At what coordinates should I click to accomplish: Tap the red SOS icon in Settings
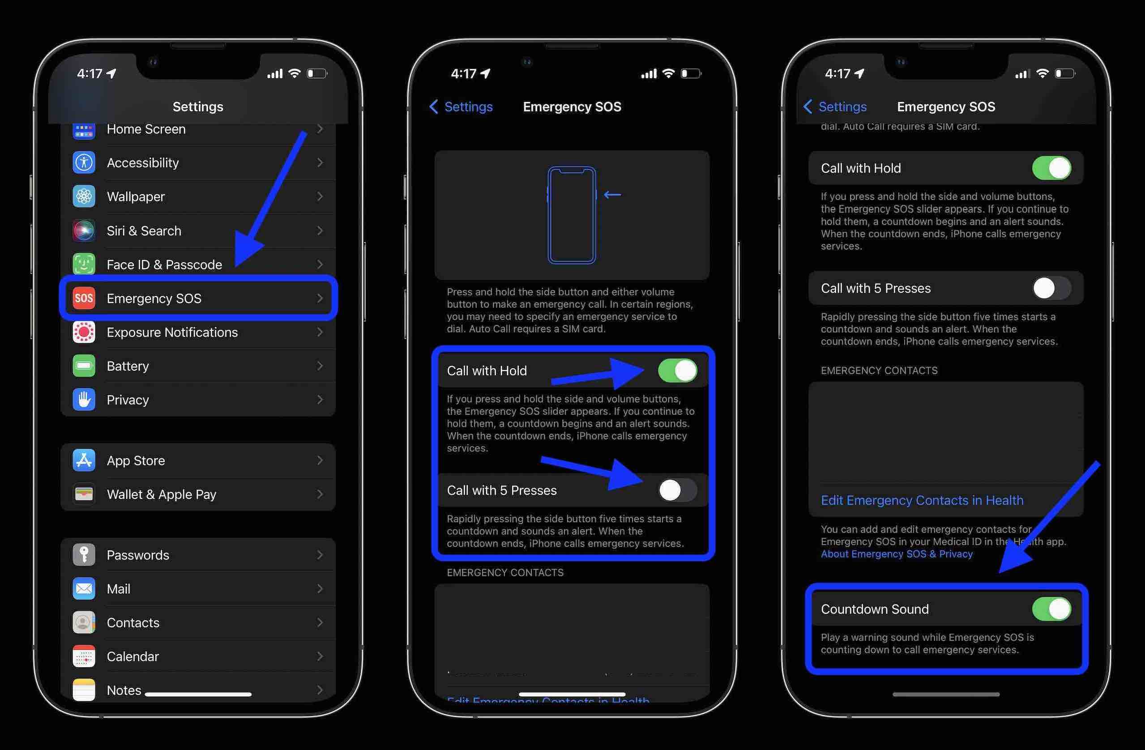[x=84, y=298]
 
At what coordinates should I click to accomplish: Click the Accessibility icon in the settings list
[x=84, y=162]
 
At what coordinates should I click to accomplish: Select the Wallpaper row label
[x=136, y=197]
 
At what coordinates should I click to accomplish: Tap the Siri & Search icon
[x=84, y=230]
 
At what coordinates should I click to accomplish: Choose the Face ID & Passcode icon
[x=84, y=264]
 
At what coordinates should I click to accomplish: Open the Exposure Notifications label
[x=172, y=332]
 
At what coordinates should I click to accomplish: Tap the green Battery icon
[x=84, y=366]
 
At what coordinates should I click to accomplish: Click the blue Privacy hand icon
[x=84, y=400]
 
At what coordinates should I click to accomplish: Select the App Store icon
[x=84, y=460]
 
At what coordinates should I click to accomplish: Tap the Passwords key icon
[x=84, y=555]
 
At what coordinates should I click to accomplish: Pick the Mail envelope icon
[x=84, y=588]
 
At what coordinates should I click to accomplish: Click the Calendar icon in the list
[x=84, y=656]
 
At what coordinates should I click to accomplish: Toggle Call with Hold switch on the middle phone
[x=677, y=371]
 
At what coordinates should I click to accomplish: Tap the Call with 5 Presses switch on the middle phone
[x=677, y=490]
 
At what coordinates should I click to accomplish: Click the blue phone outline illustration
[x=572, y=215]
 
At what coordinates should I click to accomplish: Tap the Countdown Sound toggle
[x=1051, y=609]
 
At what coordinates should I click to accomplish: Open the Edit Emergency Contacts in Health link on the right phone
[x=922, y=500]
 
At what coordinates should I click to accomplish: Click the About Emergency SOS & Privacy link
[x=896, y=554]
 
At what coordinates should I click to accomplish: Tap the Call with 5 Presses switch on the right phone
[x=1051, y=288]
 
